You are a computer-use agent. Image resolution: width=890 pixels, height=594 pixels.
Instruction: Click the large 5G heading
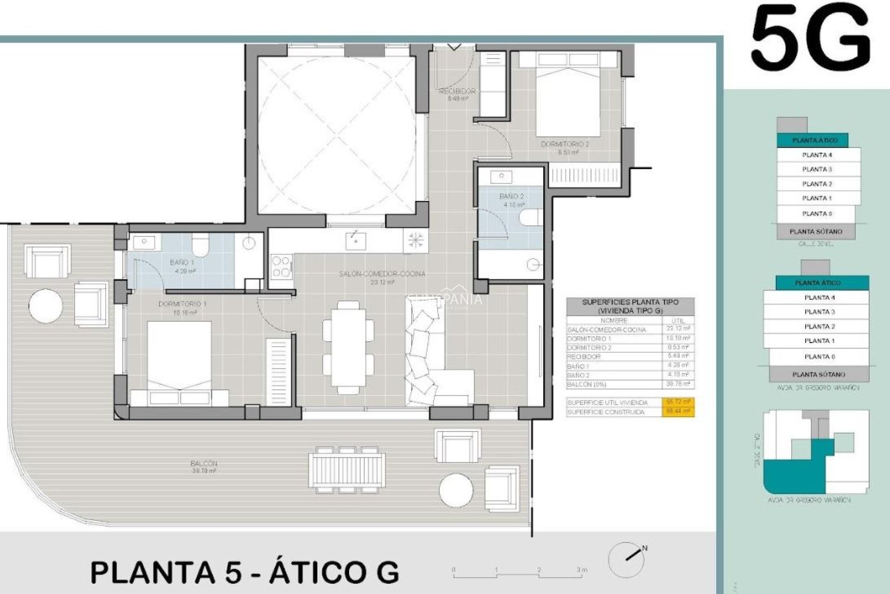click(810, 39)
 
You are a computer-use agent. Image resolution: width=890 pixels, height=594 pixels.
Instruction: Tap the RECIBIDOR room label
click(457, 91)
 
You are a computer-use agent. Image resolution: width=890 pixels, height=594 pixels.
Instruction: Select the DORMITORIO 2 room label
click(565, 144)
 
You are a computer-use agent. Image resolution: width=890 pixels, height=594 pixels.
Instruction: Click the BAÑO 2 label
click(511, 196)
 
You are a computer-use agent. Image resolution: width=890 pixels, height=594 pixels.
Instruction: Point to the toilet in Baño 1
click(200, 245)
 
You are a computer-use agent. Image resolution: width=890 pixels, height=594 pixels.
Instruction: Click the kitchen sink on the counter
click(356, 241)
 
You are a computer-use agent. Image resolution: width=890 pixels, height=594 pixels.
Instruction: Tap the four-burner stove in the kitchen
click(281, 266)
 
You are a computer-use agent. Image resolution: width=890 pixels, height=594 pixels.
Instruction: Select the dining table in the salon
click(348, 348)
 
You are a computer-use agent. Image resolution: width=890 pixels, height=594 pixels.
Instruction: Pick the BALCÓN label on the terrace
click(203, 463)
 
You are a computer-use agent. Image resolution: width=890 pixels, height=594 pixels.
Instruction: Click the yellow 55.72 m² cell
click(678, 402)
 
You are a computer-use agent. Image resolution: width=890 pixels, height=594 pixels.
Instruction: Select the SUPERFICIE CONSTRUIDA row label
click(605, 412)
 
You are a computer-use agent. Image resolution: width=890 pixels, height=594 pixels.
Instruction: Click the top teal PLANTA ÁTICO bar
click(814, 140)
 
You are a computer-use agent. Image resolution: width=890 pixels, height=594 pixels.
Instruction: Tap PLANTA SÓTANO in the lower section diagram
click(819, 374)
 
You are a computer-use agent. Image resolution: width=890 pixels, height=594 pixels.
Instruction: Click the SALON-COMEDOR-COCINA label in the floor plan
click(382, 274)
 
